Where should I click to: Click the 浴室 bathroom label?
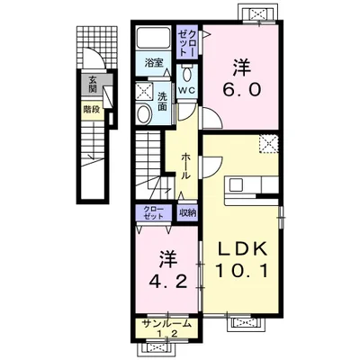(154, 63)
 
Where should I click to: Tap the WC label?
(187, 90)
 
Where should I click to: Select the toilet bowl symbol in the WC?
(187, 73)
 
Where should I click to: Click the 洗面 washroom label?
(162, 101)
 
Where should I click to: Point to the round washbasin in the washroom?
(144, 113)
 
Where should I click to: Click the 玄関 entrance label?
(92, 84)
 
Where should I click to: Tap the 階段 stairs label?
(92, 110)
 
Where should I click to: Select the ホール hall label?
(186, 166)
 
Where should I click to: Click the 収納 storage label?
(188, 213)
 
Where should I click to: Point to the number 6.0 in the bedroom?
(242, 89)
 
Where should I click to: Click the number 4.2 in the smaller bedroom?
(168, 282)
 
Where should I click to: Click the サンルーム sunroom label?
(166, 323)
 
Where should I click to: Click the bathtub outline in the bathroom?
(153, 38)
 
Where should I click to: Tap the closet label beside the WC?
(187, 43)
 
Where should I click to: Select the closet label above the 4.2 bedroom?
(153, 212)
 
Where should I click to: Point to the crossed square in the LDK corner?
(269, 144)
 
